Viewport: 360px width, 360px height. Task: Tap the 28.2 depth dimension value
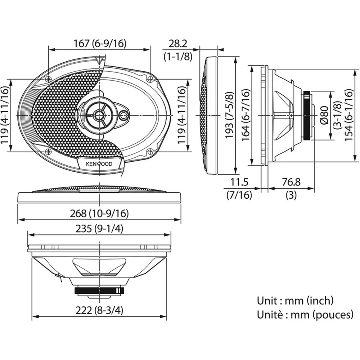click(x=178, y=44)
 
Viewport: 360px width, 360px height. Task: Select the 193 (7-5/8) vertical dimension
click(x=229, y=115)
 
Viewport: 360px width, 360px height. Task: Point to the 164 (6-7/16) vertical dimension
click(x=246, y=115)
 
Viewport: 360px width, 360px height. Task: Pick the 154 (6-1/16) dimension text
click(x=348, y=115)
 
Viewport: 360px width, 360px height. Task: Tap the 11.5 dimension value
click(x=239, y=182)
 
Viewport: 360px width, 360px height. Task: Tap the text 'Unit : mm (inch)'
click(x=295, y=300)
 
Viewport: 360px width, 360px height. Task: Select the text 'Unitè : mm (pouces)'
click(x=305, y=315)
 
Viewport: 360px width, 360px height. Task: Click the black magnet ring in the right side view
click(x=307, y=115)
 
